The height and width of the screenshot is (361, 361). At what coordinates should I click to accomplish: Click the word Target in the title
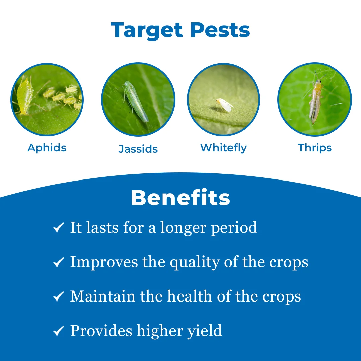click(x=147, y=30)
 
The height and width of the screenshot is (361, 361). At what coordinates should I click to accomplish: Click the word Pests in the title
click(x=220, y=30)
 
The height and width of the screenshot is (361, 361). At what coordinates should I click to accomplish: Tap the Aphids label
click(x=47, y=148)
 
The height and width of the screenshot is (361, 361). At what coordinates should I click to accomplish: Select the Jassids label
click(x=138, y=149)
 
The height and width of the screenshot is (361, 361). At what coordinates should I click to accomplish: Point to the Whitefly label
click(x=223, y=148)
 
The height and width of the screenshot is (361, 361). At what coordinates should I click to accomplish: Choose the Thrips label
click(x=315, y=148)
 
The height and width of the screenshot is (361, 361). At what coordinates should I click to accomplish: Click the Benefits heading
click(x=180, y=198)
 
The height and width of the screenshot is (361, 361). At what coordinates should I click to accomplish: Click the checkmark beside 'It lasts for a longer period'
click(x=58, y=228)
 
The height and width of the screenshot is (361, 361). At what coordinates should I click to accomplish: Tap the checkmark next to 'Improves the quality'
click(x=58, y=262)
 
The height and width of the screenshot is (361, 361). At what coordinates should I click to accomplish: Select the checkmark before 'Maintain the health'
click(x=58, y=296)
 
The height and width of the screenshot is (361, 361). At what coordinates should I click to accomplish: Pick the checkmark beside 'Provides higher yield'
click(x=58, y=331)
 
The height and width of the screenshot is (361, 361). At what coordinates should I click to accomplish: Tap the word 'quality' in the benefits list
click(x=195, y=263)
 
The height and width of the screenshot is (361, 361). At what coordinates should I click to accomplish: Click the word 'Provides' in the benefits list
click(x=101, y=331)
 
